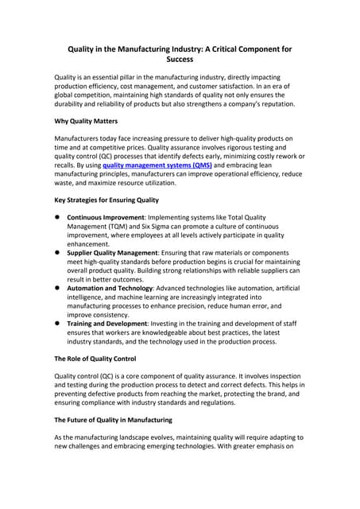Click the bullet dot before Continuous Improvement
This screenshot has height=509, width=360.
pyautogui.click(x=57, y=217)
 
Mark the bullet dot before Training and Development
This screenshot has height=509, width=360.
pyautogui.click(x=57, y=324)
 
